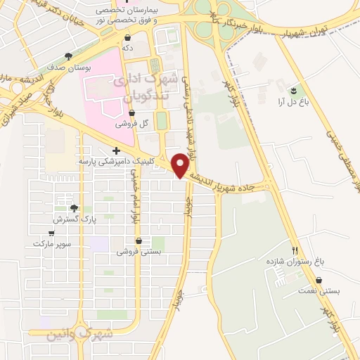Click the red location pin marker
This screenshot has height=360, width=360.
click(x=181, y=165)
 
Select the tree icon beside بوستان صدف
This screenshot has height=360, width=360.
click(x=68, y=56)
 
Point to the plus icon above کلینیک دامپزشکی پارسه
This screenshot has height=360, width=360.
click(x=117, y=150)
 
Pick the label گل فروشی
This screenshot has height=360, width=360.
click(x=134, y=122)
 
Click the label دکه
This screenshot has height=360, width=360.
click(x=127, y=48)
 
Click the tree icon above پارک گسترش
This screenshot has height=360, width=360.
click(x=74, y=209)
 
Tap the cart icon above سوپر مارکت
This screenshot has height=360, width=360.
click(x=51, y=233)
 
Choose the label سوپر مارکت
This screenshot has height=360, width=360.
click(x=48, y=243)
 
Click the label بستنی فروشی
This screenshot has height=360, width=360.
click(x=139, y=250)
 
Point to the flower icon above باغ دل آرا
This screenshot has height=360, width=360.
click(x=293, y=90)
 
